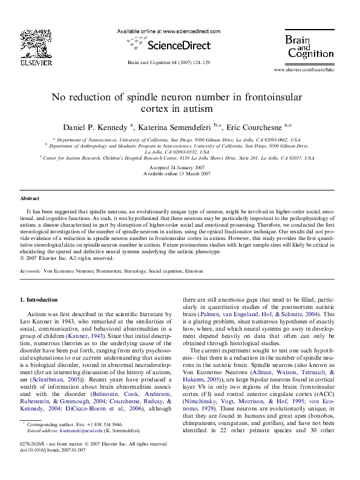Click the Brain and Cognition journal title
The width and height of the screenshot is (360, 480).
(310, 47)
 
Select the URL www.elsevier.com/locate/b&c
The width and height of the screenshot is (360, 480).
(313, 71)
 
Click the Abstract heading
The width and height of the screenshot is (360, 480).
(30, 198)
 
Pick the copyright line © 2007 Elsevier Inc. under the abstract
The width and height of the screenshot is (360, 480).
(58, 258)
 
